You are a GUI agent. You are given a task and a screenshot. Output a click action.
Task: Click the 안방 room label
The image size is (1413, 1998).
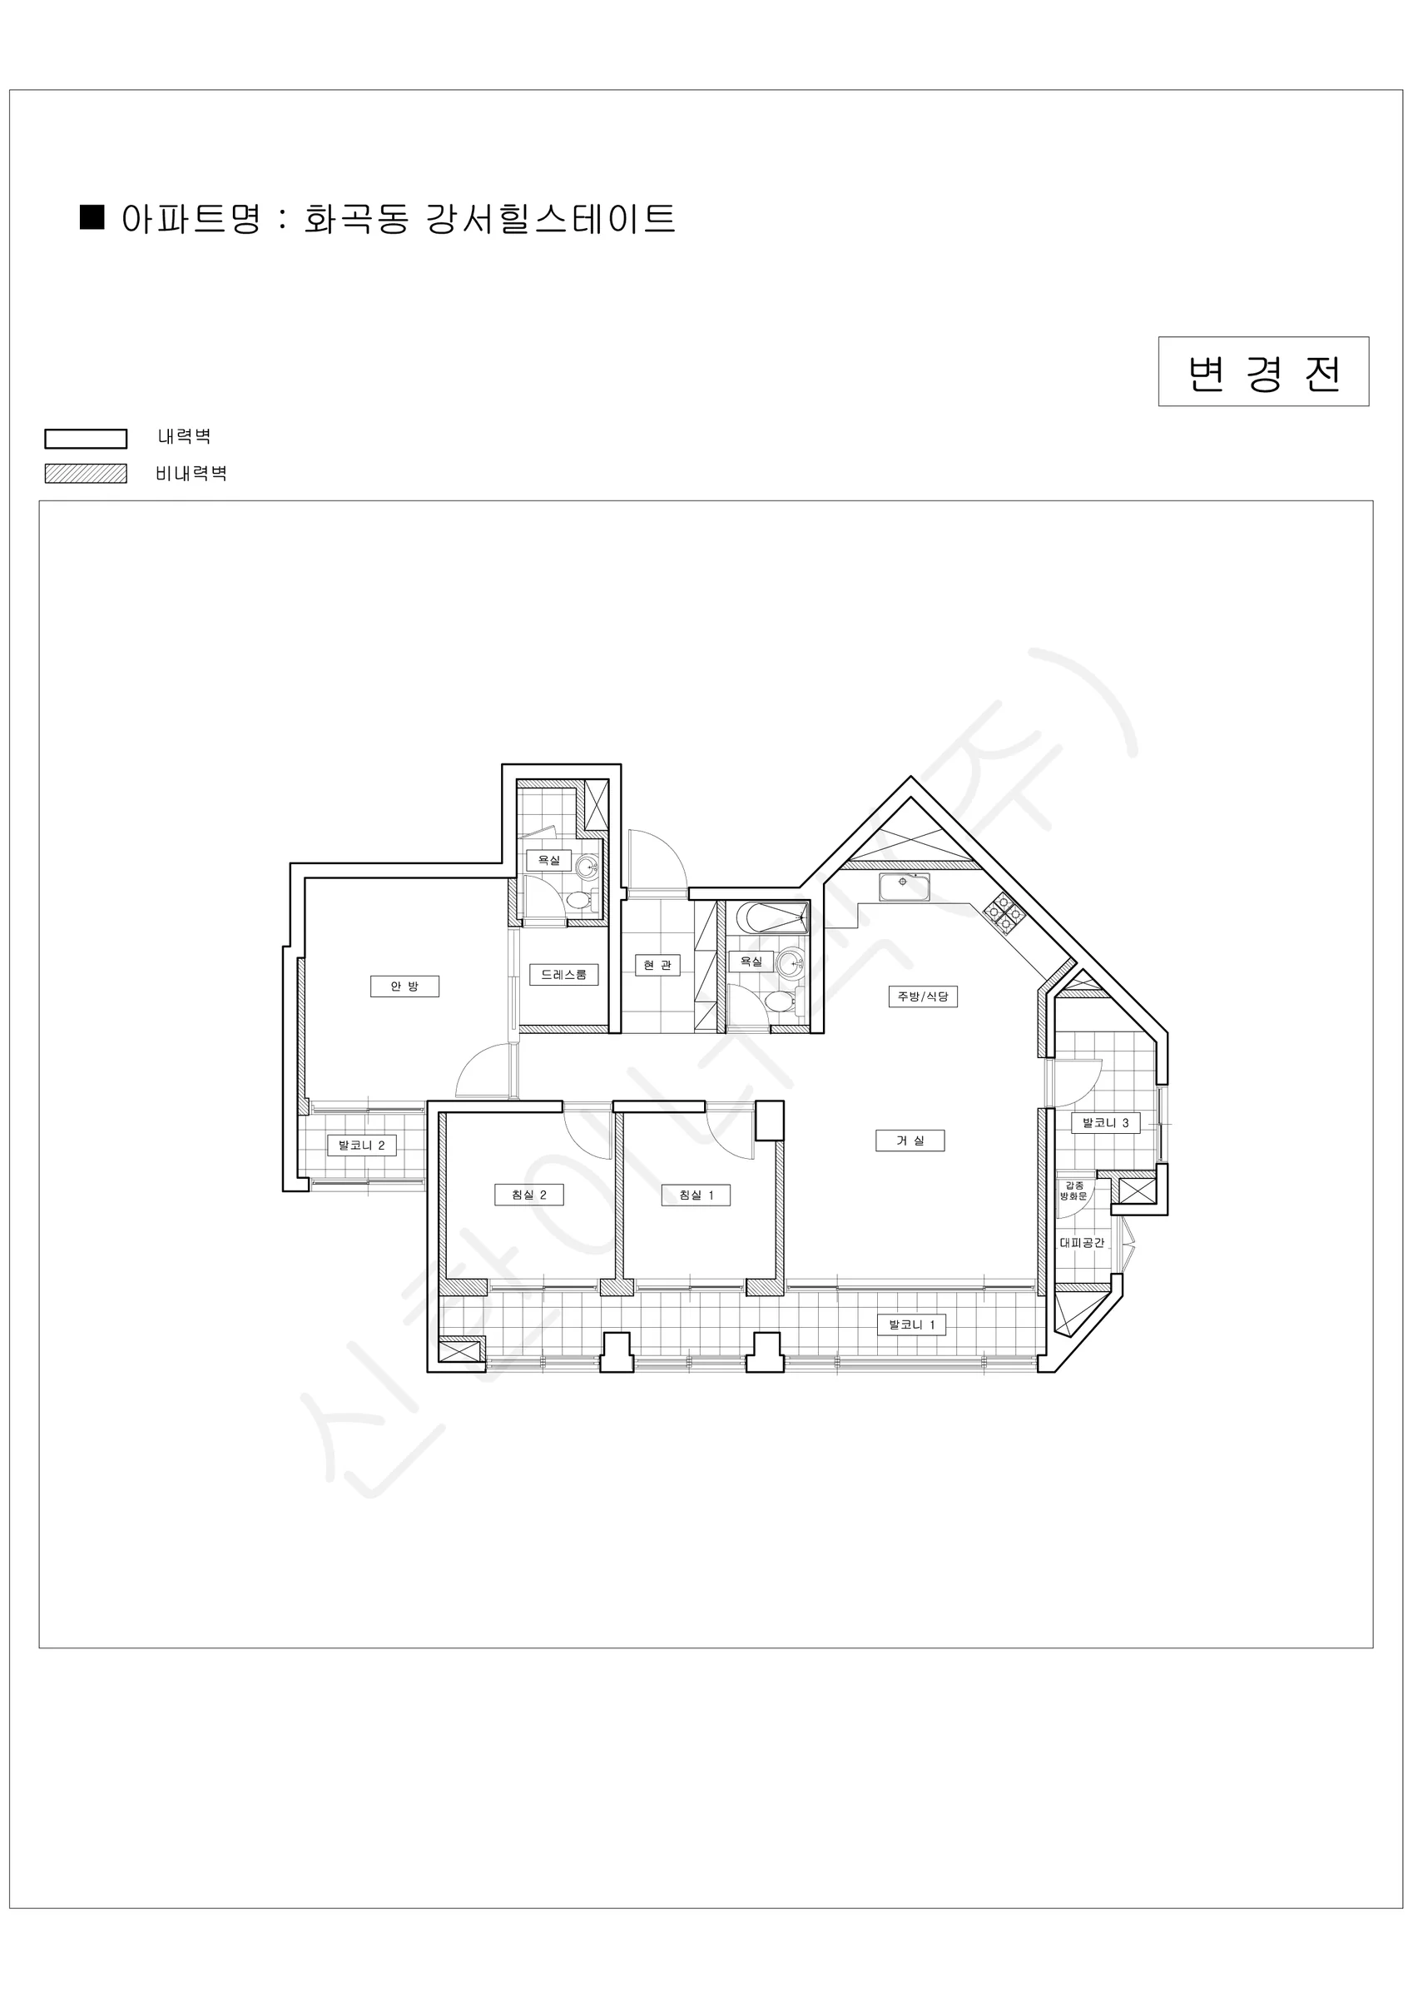click(x=404, y=986)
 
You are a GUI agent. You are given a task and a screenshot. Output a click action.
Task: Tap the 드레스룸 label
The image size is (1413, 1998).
click(x=564, y=975)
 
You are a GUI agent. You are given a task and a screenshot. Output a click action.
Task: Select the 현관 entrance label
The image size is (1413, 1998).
click(x=657, y=965)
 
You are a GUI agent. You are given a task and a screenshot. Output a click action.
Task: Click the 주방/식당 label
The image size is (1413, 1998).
click(x=923, y=997)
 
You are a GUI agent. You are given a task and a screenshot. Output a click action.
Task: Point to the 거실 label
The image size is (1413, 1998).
click(x=910, y=1141)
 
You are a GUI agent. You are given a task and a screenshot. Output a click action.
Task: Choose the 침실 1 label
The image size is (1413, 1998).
click(x=696, y=1195)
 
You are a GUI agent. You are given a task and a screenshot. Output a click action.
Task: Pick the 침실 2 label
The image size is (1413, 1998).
click(x=529, y=1195)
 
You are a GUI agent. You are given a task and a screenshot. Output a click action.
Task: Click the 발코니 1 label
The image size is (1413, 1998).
click(x=912, y=1325)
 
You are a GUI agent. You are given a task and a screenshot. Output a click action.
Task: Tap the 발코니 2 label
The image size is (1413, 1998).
click(x=362, y=1146)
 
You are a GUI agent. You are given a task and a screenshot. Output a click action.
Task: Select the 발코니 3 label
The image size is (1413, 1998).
click(x=1105, y=1123)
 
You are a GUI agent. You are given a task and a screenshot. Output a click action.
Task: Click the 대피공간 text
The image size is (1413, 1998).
click(x=1082, y=1244)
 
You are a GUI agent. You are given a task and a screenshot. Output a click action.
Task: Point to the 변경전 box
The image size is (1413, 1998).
click(x=1263, y=371)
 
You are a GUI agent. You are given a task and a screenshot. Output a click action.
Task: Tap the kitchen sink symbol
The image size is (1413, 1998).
click(x=904, y=887)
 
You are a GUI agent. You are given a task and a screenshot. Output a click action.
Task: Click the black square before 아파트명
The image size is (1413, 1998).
click(x=92, y=216)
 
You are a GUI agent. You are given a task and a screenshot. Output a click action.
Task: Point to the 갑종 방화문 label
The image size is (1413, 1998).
click(x=1073, y=1190)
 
